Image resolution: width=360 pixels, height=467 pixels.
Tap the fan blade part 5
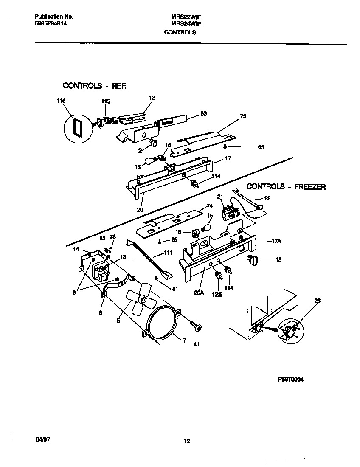point(141,302)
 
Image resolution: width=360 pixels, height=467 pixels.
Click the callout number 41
point(196,344)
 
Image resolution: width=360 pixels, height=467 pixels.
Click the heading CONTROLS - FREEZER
point(286,186)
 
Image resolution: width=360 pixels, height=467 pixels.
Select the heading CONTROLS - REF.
point(95,85)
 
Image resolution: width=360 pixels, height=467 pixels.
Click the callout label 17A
point(276,241)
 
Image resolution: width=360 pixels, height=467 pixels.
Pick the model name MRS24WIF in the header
point(180,24)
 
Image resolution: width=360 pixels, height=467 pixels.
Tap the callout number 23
point(317,301)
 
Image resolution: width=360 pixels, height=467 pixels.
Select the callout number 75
point(243,116)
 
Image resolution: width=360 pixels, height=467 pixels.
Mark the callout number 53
point(203,114)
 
